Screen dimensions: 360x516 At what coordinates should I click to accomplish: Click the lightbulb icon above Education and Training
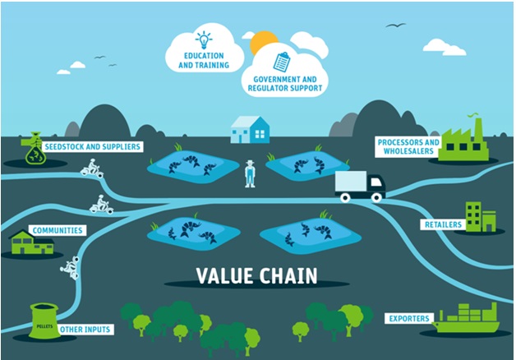(202, 39)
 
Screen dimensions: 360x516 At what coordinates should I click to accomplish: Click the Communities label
(56, 230)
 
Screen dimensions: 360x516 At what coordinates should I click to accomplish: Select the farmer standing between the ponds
(250, 173)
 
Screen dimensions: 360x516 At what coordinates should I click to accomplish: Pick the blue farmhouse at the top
(250, 129)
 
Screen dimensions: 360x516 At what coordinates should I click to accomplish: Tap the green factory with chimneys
(463, 142)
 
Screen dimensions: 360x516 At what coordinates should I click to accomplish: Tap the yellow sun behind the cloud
(265, 41)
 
